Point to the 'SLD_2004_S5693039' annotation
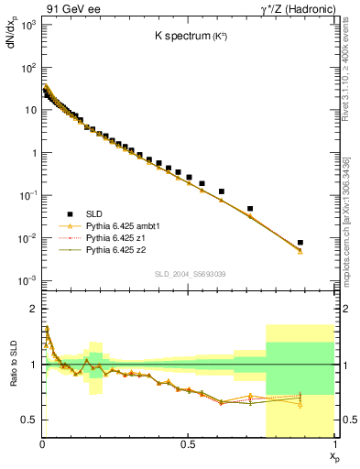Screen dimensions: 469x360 point(188,274)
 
